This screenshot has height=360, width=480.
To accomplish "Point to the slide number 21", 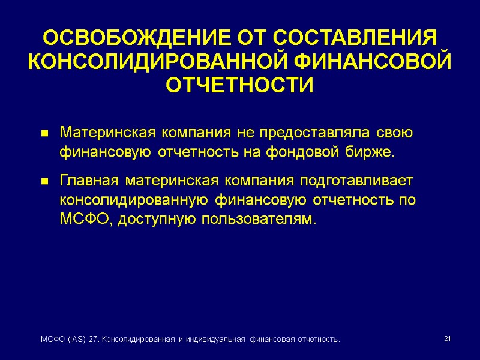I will coord(446,340).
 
